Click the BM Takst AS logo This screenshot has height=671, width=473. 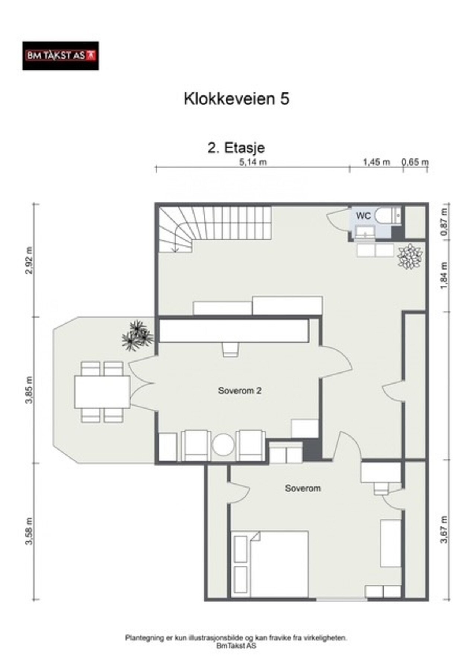[x=60, y=56]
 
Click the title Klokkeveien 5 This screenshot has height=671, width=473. [x=236, y=99]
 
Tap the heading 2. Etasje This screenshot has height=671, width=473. [x=236, y=148]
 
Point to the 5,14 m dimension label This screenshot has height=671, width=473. [x=253, y=162]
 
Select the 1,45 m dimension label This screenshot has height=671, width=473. [x=376, y=162]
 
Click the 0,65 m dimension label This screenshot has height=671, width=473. [x=415, y=162]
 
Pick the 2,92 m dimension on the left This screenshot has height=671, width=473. [x=29, y=260]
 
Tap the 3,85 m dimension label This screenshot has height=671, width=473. [x=29, y=390]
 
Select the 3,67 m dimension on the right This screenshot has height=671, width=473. [x=444, y=530]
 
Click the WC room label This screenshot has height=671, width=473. [x=363, y=215]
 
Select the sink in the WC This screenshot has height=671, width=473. [x=365, y=233]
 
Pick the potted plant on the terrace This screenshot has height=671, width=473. [x=137, y=335]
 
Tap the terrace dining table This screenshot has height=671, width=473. [x=102, y=392]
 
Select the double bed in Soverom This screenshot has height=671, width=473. [x=269, y=564]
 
